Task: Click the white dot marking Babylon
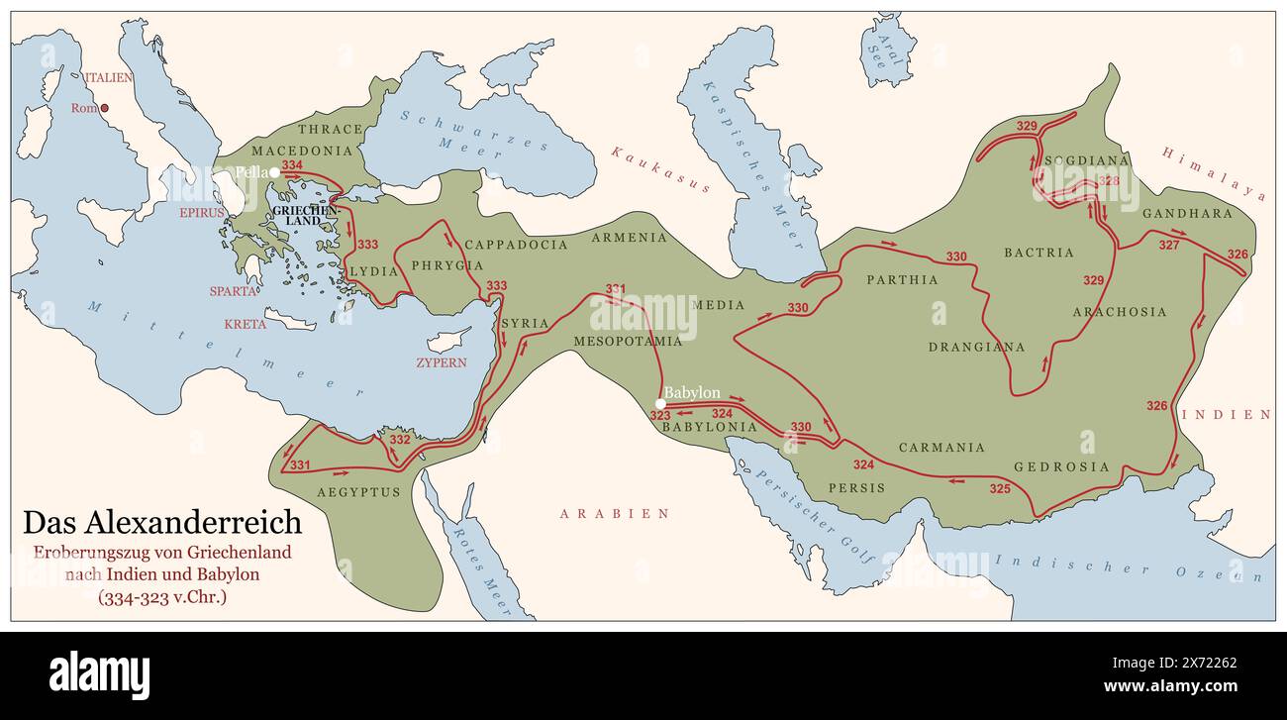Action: click(x=660, y=403)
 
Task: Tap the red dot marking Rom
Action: click(x=104, y=108)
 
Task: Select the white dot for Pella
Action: click(x=274, y=172)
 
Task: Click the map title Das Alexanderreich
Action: click(x=162, y=522)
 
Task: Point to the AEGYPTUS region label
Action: click(x=358, y=491)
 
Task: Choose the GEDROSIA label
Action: click(x=1061, y=466)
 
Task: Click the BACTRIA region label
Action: click(x=1039, y=253)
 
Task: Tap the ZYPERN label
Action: click(x=441, y=362)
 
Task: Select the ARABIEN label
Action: click(x=614, y=513)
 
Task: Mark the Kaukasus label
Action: click(x=660, y=169)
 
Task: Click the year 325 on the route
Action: click(x=1000, y=488)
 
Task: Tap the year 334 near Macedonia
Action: click(x=292, y=165)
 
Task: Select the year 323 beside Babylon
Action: click(x=660, y=416)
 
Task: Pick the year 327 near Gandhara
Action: click(x=1169, y=245)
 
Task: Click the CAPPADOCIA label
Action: click(x=516, y=244)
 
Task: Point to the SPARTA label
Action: click(x=234, y=291)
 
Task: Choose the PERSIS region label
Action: click(x=850, y=488)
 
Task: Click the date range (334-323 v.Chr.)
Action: click(x=162, y=597)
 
